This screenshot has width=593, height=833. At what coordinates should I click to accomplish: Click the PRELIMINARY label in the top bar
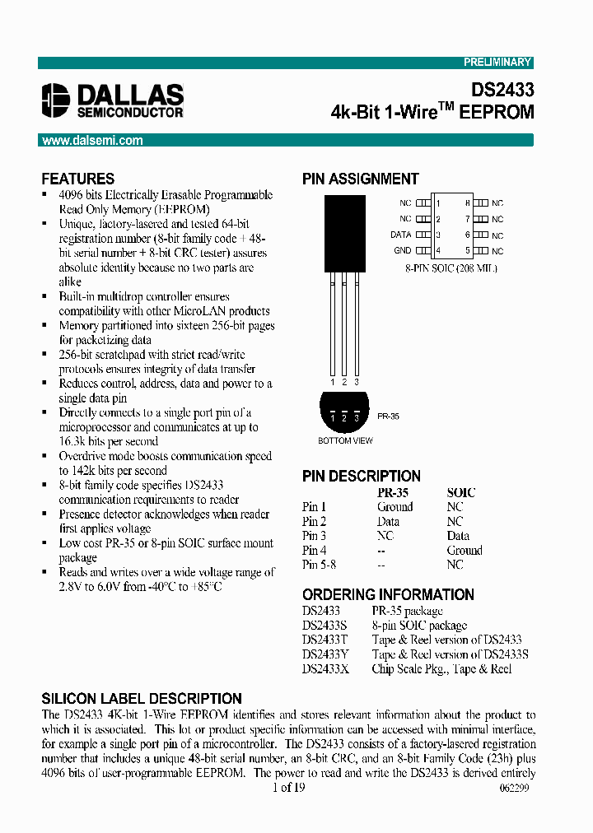[x=497, y=63]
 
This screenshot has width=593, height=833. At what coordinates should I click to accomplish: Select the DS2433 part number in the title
[x=502, y=90]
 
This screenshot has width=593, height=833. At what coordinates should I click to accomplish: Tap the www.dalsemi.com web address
[x=92, y=141]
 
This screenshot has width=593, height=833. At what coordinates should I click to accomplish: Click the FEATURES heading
[x=78, y=179]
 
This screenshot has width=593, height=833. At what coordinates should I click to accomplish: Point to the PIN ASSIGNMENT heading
[x=361, y=179]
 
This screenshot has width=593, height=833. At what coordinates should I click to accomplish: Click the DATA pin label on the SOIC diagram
[x=400, y=235]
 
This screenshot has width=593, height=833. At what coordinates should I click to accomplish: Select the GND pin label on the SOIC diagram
[x=401, y=250]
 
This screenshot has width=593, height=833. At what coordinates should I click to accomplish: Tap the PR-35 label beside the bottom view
[x=388, y=417]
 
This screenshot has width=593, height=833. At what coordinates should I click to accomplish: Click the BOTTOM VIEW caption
[x=346, y=441]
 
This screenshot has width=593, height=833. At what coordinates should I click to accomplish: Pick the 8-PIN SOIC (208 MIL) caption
[x=451, y=268]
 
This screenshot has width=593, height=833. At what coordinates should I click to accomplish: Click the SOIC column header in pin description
[x=460, y=492]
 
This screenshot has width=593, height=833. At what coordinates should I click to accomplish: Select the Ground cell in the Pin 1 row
[x=395, y=507]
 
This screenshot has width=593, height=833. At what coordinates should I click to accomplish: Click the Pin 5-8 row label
[x=319, y=565]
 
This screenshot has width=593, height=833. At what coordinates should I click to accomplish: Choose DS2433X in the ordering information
[x=326, y=668]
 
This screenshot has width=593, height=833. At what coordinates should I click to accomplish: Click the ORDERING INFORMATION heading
[x=388, y=594]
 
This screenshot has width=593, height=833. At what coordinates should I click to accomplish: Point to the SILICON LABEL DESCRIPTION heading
[x=142, y=698]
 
